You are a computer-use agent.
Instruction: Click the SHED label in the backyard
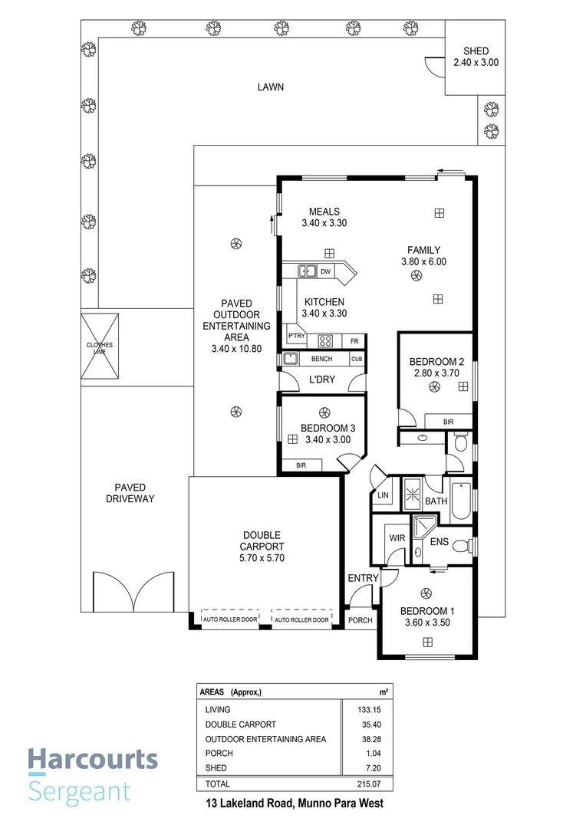click(475, 51)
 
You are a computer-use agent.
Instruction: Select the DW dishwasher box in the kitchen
click(325, 271)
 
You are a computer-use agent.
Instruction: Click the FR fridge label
click(354, 340)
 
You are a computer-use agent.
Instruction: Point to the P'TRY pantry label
click(296, 337)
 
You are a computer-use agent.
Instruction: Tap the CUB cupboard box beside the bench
click(356, 359)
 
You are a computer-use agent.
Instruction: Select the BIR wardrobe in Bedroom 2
click(448, 422)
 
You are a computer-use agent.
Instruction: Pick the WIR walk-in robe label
click(397, 538)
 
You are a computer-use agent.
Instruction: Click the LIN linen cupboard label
click(382, 497)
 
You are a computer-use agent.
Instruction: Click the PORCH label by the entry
click(360, 620)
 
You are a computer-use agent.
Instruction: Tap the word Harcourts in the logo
click(93, 761)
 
